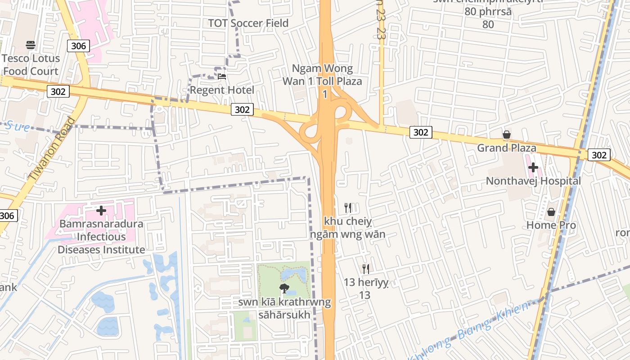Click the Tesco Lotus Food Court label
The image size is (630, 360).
coord(31,65)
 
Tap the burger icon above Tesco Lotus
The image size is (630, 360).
coord(31,45)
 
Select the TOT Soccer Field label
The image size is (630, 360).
coord(248,23)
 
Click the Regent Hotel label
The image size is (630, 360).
coord(222,90)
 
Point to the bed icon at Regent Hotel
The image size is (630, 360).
coord(222,76)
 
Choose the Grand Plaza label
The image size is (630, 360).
coord(507,148)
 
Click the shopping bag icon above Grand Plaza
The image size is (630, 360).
coord(507,135)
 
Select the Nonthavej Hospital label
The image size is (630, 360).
coord(533,181)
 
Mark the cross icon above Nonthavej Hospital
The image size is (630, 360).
coord(533,168)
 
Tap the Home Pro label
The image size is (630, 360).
coord(551,225)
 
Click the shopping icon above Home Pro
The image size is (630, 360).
coord(551,211)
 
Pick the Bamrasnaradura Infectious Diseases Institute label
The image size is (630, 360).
coord(101,237)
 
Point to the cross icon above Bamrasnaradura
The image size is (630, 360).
coord(101,210)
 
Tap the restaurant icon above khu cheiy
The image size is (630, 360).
coord(348,207)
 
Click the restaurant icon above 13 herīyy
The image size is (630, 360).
coord(366,269)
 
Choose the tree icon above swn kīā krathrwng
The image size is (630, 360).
coord(284,288)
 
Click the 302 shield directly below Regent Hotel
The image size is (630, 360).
coord(242,109)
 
